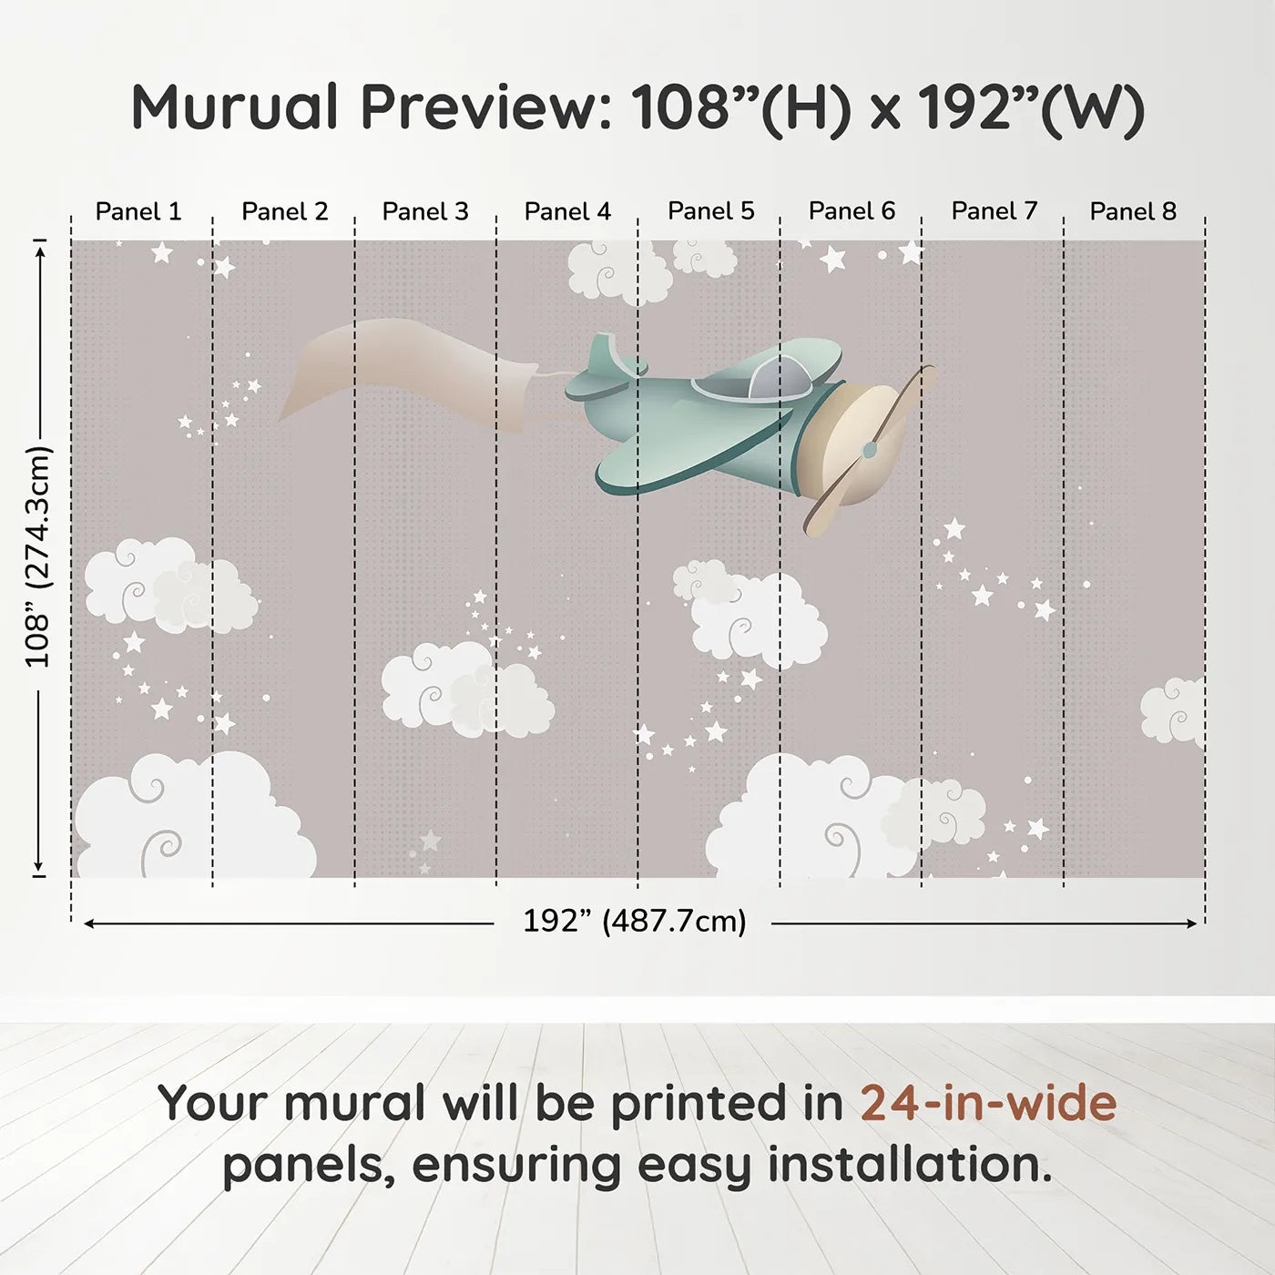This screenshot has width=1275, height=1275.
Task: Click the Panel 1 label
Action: pos(138,211)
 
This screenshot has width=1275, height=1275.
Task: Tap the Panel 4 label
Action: pos(567,211)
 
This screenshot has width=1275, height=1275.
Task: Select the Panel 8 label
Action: pos(1133,211)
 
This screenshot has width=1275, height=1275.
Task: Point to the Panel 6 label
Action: pos(852,211)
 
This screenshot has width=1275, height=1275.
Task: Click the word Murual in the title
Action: pos(235,107)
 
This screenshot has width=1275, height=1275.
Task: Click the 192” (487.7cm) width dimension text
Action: pos(635,921)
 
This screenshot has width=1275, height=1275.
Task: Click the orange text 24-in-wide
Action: pos(988,1103)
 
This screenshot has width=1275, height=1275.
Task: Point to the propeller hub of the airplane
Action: pos(870,451)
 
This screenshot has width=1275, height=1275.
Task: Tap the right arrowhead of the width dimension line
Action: pos(1191,923)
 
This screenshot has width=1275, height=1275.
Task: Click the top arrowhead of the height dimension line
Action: pos(40,252)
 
